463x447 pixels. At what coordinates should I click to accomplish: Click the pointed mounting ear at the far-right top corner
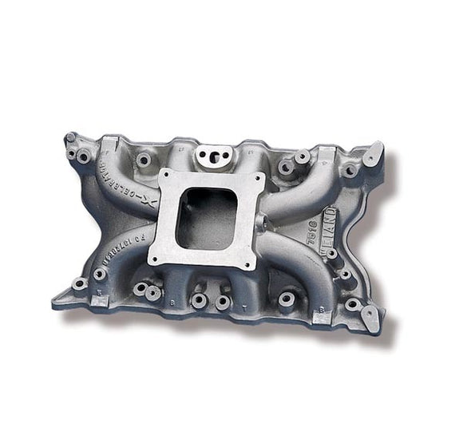tap(373, 152)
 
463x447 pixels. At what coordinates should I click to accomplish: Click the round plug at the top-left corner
tap(71, 137)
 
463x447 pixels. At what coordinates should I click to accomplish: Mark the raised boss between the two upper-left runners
tap(144, 160)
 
